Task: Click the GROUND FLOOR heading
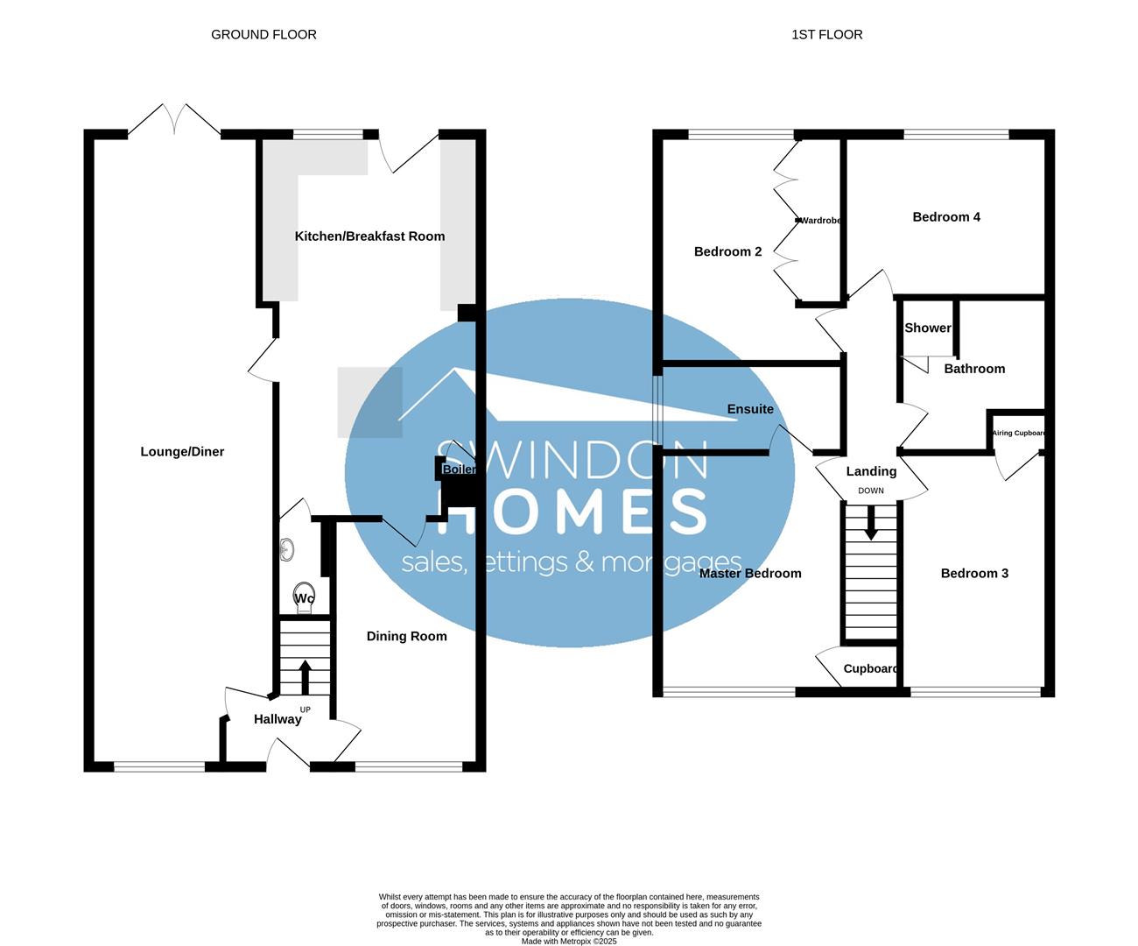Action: pos(263,34)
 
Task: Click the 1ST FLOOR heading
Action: pos(826,34)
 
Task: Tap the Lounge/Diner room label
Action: pos(182,452)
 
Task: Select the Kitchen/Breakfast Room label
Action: pos(369,236)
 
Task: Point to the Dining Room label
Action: pos(406,637)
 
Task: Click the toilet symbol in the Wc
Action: pos(304,595)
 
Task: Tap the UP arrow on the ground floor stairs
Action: pos(305,676)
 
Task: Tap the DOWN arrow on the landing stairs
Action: pos(870,524)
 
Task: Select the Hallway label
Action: pos(277,719)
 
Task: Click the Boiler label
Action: pos(459,469)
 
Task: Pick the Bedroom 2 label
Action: pos(727,252)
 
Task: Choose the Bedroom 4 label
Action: pos(946,217)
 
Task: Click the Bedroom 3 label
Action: pos(974,574)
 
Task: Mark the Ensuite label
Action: pos(750,409)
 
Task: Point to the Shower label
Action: pos(927,328)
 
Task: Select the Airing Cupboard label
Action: pos(1018,433)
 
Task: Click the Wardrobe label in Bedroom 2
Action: pos(821,221)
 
